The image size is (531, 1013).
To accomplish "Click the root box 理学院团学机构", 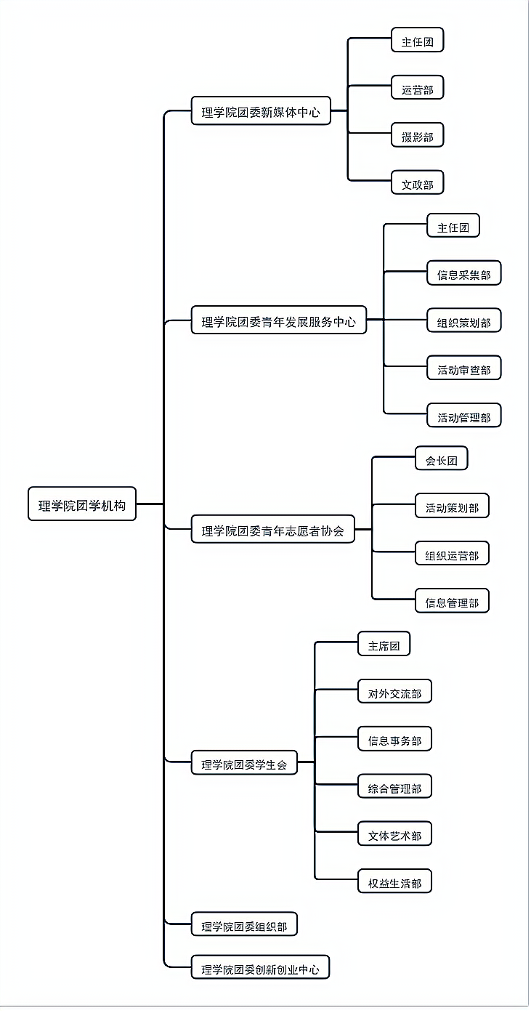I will coord(82,504).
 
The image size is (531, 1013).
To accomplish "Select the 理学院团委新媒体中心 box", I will coord(261,111).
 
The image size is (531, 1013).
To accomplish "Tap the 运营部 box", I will coord(417,89).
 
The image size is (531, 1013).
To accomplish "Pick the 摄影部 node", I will coord(417,136).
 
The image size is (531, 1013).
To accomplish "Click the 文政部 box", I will coord(417,184).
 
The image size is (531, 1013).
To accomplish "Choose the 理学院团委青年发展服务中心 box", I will coord(279,320).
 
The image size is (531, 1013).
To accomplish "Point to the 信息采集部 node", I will coord(463,274).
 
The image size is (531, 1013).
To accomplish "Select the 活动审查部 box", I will coord(463,369).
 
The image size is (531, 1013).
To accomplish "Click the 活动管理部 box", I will coord(463,416).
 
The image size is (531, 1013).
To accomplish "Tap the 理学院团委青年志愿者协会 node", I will coord(272,530).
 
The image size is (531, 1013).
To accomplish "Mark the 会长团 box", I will coord(441,459).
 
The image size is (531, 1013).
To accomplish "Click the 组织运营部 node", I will coord(452,554).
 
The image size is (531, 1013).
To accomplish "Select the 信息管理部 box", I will coord(452,602).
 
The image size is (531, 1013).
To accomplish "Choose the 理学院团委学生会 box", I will coord(244,763).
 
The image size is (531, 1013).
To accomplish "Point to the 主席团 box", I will coord(384,645).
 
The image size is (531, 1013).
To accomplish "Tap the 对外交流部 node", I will coord(394,693).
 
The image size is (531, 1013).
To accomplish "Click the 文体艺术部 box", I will coord(394,835).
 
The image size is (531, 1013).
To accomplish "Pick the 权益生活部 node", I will coord(394,883).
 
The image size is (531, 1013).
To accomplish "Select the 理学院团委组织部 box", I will coord(244,925).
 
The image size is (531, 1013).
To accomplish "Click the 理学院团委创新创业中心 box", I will coord(260,967).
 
